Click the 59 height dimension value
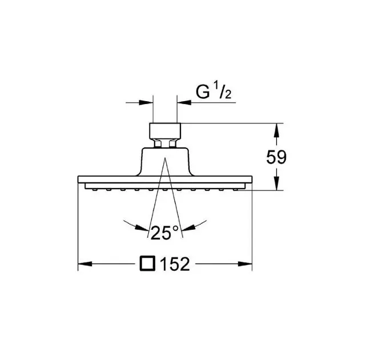pyautogui.click(x=276, y=157)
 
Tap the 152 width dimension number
pyautogui.click(x=175, y=264)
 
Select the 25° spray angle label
pyautogui.click(x=164, y=233)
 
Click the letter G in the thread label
pyautogui.click(x=203, y=92)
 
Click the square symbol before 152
pyautogui.click(x=147, y=263)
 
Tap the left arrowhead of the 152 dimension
pyautogui.click(x=84, y=264)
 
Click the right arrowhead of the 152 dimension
pyautogui.click(x=245, y=264)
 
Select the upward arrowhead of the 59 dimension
pyautogui.click(x=276, y=130)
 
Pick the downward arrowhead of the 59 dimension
pyautogui.click(x=276, y=183)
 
